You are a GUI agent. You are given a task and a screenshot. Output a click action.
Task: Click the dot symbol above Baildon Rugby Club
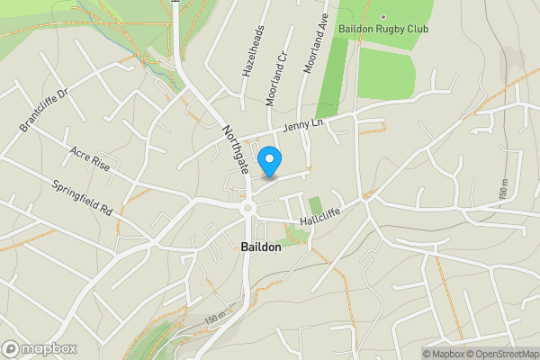[382, 16]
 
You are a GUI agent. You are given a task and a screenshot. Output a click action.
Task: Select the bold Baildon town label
[261, 247]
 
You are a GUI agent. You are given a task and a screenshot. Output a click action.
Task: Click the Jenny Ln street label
[302, 126]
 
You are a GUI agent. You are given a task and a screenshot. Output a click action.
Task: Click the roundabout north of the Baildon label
[247, 209]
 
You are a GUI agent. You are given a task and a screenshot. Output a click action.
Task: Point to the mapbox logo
[39, 348]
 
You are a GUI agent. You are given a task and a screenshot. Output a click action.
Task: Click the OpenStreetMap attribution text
[502, 354]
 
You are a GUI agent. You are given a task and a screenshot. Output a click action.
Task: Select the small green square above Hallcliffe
[314, 205]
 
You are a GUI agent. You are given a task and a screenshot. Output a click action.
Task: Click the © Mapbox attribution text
[443, 354]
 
